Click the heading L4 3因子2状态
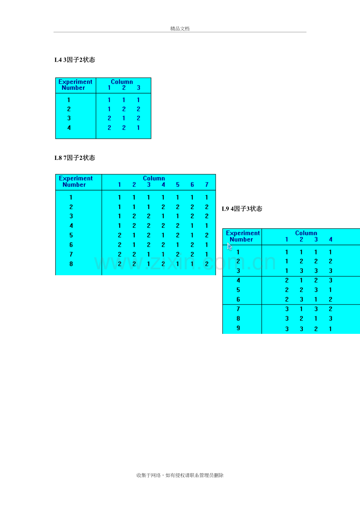pyautogui.click(x=75, y=60)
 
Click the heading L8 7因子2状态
pyautogui.click(x=75, y=158)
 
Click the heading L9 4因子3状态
pyautogui.click(x=242, y=209)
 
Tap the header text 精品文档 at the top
pyautogui.click(x=180, y=29)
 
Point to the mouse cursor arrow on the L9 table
pyautogui.click(x=229, y=246)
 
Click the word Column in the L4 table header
pyautogui.click(x=122, y=82)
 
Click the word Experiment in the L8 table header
pyautogui.click(x=76, y=178)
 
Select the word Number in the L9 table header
pyautogui.click(x=241, y=239)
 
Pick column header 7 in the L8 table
pyautogui.click(x=207, y=185)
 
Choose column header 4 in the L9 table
pyautogui.click(x=331, y=239)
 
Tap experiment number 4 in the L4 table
pyautogui.click(x=69, y=128)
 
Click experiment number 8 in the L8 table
pyautogui.click(x=71, y=264)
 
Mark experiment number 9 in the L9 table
pyautogui.click(x=238, y=328)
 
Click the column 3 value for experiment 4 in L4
pyautogui.click(x=138, y=128)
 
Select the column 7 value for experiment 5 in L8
pyautogui.click(x=207, y=235)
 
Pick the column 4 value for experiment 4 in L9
pyautogui.click(x=331, y=280)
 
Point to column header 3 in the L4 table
pyautogui.click(x=139, y=88)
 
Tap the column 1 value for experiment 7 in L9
pyautogui.click(x=287, y=309)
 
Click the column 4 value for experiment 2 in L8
pyautogui.click(x=163, y=207)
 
